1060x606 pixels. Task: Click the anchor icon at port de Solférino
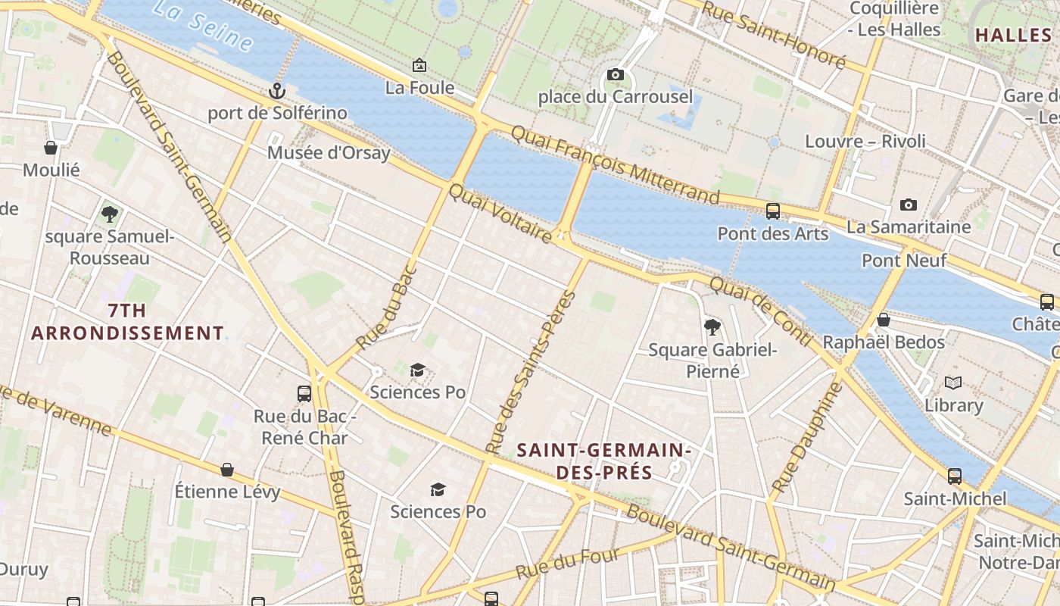click(x=277, y=91)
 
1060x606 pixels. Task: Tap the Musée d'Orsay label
click(x=329, y=153)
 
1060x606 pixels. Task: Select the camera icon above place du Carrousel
click(x=616, y=74)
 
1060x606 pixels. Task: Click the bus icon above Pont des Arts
click(x=773, y=211)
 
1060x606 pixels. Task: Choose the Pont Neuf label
click(x=904, y=261)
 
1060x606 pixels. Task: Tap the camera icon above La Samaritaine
click(x=909, y=205)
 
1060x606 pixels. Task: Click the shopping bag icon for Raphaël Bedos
click(x=883, y=320)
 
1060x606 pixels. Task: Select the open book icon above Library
click(x=953, y=383)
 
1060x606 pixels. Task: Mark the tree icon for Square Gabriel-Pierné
click(x=712, y=327)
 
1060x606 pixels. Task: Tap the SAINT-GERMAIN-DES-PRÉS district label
click(x=603, y=461)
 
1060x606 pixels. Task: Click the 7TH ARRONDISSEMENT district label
click(x=127, y=322)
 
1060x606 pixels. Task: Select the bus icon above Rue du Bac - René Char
click(x=304, y=394)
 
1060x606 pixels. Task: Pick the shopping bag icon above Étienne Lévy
click(x=227, y=470)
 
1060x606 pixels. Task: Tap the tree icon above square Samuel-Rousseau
click(x=110, y=214)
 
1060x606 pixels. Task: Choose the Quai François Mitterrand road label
click(x=615, y=165)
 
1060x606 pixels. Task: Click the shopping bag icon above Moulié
click(x=51, y=148)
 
